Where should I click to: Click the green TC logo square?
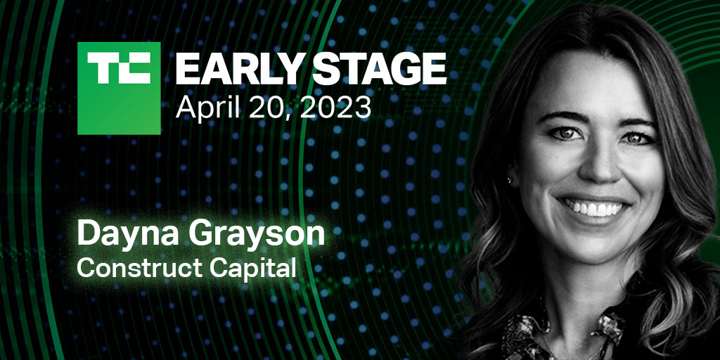click(119, 88)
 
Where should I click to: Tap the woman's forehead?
click(605, 84)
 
